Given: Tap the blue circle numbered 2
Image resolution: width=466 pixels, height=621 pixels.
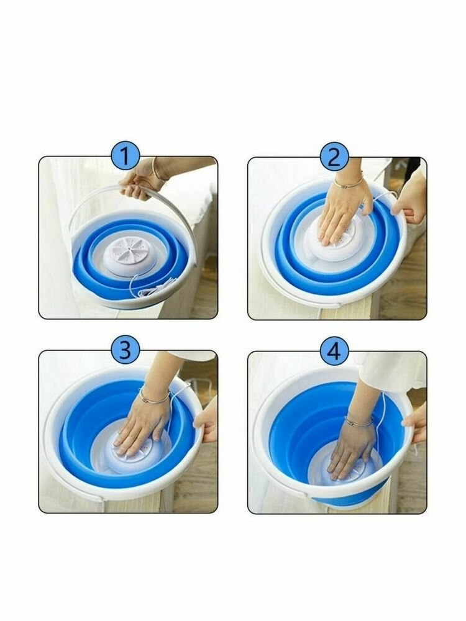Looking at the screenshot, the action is (334, 157).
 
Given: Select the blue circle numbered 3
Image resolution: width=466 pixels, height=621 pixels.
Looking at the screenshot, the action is (125, 350).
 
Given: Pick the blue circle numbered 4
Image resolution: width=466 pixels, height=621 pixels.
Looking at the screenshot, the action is (334, 350).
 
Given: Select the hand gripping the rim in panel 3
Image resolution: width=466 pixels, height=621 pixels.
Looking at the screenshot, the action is (206, 422).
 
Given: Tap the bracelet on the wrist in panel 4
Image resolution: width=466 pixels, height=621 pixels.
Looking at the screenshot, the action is (359, 422).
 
